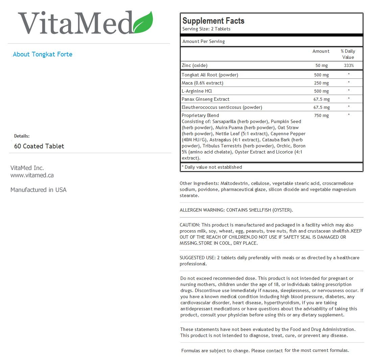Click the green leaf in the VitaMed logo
point(144,23)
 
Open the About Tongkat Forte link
point(43,54)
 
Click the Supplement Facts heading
point(213,21)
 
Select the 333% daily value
point(348,66)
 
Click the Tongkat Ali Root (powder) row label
point(210,75)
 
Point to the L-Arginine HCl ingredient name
point(197,91)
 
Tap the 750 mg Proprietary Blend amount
point(321,116)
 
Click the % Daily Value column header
point(348,54)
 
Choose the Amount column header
point(321,51)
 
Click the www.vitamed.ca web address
point(32,175)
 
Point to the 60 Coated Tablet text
point(39,146)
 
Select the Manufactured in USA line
point(39,190)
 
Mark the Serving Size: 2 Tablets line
point(206,29)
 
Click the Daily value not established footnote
point(212,167)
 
